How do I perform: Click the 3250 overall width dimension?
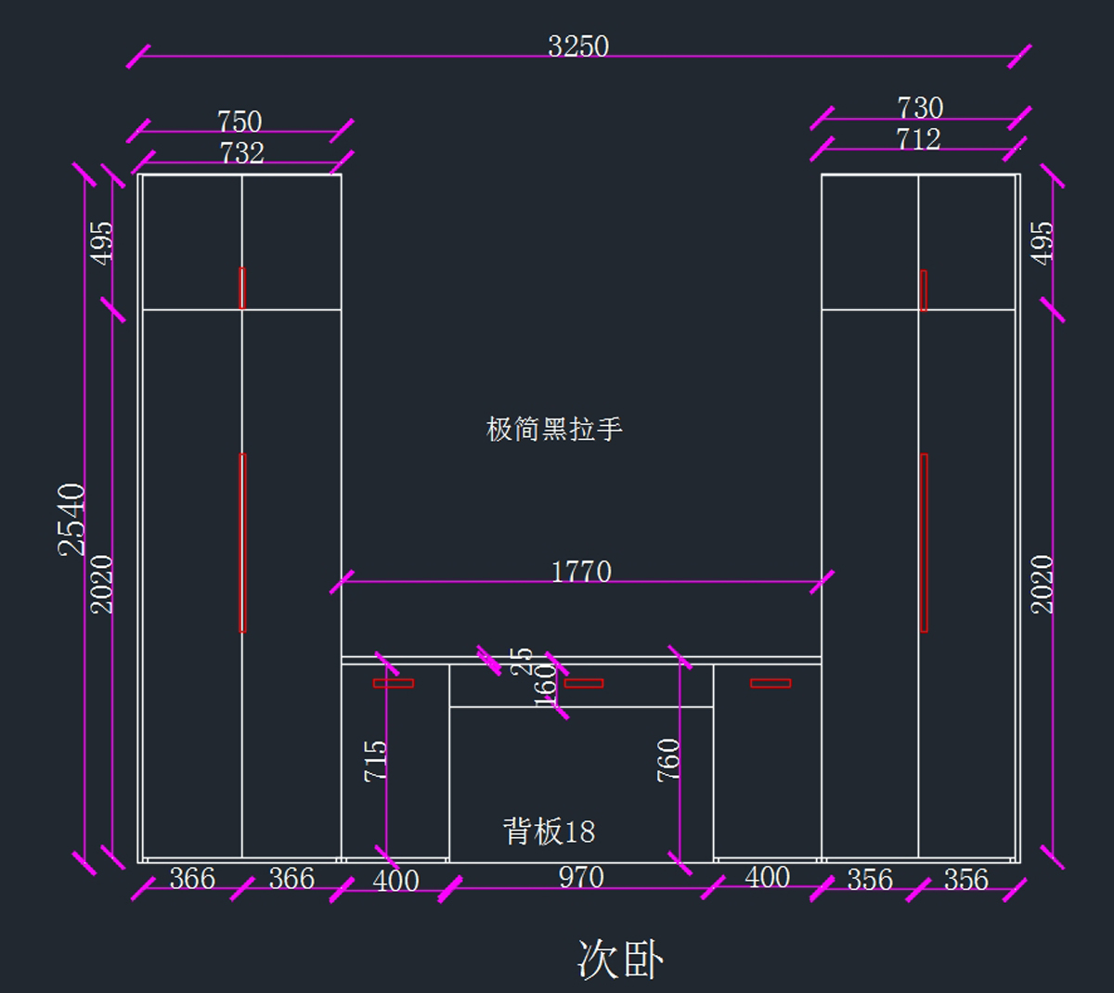pyautogui.click(x=577, y=45)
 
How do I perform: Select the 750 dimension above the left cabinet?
pyautogui.click(x=240, y=122)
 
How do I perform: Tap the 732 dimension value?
pyautogui.click(x=241, y=152)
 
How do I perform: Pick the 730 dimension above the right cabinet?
pyautogui.click(x=920, y=108)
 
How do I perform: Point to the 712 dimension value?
pyautogui.click(x=918, y=139)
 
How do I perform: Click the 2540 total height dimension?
pyautogui.click(x=72, y=519)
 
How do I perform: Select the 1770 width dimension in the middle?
pyautogui.click(x=581, y=571)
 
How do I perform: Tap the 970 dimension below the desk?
pyautogui.click(x=581, y=877)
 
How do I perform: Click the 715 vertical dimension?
pyautogui.click(x=375, y=760)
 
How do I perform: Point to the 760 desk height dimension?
pyautogui.click(x=668, y=759)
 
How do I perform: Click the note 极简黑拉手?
pyautogui.click(x=554, y=429)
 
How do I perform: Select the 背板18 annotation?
pyautogui.click(x=549, y=831)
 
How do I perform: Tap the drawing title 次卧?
pyautogui.click(x=619, y=959)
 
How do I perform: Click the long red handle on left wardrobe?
pyautogui.click(x=242, y=542)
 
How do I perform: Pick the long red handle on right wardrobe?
pyautogui.click(x=924, y=542)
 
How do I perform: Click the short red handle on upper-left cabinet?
pyautogui.click(x=242, y=288)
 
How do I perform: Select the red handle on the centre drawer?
pyautogui.click(x=584, y=683)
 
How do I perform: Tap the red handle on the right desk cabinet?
pyautogui.click(x=771, y=683)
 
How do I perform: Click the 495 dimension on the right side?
pyautogui.click(x=1043, y=242)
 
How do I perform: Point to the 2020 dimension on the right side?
pyautogui.click(x=1043, y=584)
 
